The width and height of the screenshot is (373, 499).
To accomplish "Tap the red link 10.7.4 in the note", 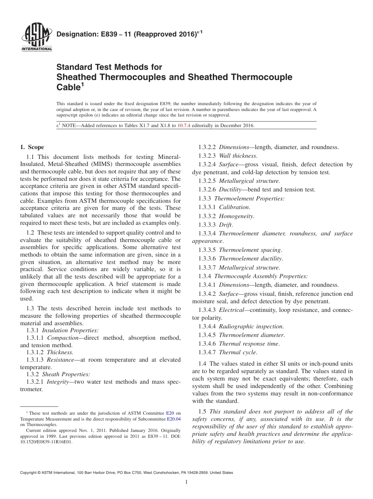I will click(184, 126).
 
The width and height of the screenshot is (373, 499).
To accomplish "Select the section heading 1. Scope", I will click(32, 147).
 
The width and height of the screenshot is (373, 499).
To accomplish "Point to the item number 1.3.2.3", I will click(207, 156).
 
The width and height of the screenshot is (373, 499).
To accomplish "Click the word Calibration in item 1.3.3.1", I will click(234, 207).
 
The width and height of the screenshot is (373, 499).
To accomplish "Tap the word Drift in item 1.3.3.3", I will click(226, 224).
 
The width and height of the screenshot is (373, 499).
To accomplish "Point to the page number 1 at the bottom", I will click(186, 482).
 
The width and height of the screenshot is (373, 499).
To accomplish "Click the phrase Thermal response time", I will click(249, 344).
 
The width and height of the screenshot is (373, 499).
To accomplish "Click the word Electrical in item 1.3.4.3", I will click(232, 310).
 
